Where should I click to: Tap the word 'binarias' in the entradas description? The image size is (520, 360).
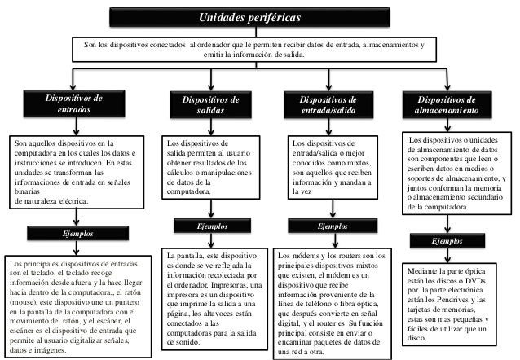coord(26,187)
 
